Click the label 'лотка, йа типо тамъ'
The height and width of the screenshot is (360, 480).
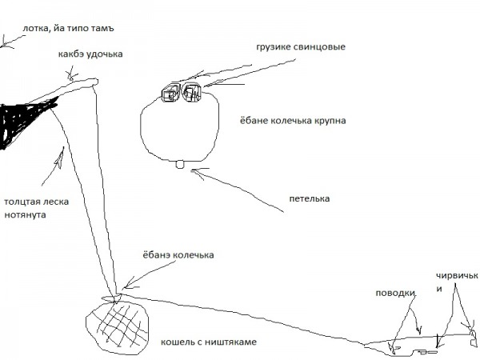pyautogui.click(x=68, y=29)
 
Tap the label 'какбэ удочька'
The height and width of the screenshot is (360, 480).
pyautogui.click(x=90, y=54)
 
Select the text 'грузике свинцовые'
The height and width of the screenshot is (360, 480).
pyautogui.click(x=301, y=47)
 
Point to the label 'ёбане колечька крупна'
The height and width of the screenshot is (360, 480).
pyautogui.click(x=293, y=120)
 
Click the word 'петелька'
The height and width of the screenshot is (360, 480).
pyautogui.click(x=310, y=198)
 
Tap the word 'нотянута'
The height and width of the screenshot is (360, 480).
pyautogui.click(x=25, y=214)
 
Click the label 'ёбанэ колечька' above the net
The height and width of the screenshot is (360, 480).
pyautogui.click(x=178, y=255)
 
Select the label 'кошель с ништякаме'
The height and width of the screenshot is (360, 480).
pyautogui.click(x=209, y=342)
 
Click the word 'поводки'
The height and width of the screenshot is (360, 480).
pyautogui.click(x=395, y=293)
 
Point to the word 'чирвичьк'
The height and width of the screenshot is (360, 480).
pyautogui.click(x=457, y=275)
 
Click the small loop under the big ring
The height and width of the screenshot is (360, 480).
pyautogui.click(x=180, y=164)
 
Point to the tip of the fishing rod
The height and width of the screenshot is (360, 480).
pyautogui.click(x=97, y=82)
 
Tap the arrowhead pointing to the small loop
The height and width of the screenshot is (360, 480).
pyautogui.click(x=196, y=172)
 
